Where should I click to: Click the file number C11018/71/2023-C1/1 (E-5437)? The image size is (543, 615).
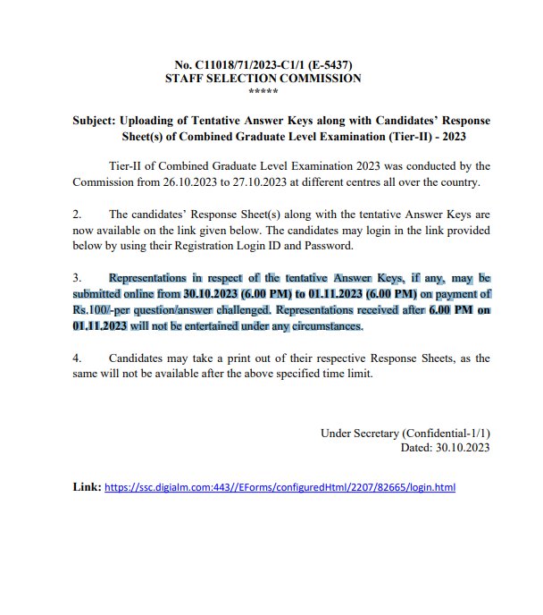273,65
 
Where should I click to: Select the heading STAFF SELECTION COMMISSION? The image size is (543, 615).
263,79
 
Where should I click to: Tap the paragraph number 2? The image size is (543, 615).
77,215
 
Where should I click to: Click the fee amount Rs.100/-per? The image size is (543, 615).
106,310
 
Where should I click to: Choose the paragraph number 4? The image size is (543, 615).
77,358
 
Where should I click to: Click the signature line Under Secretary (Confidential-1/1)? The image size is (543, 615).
405,433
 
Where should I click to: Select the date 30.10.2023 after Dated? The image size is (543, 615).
461,448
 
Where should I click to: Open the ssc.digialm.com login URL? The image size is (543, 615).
280,489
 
